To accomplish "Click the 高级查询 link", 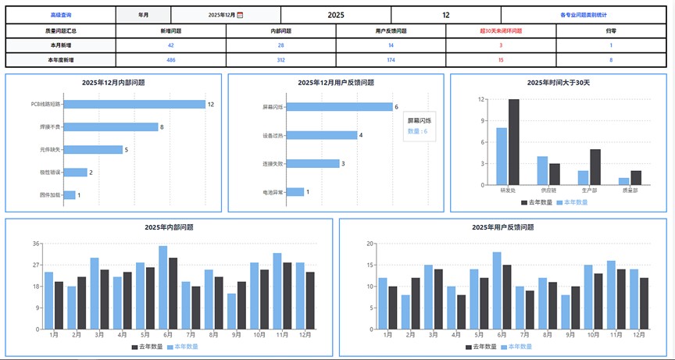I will [x=60, y=15].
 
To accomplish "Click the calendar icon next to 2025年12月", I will [x=240, y=15].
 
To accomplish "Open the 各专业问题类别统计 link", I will [x=583, y=15].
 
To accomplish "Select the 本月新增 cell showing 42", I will [x=171, y=45].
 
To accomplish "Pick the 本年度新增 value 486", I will [x=171, y=59].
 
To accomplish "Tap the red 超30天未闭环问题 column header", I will [x=501, y=30].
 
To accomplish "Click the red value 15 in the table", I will [x=501, y=59].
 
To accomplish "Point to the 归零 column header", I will [x=610, y=30].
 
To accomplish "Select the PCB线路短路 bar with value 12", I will [x=134, y=104].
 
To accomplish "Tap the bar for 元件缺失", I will [x=93, y=149].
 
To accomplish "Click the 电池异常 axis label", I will [x=273, y=191].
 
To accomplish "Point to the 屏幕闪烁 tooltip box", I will [x=420, y=126].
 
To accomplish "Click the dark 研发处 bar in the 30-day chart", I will [x=513, y=142].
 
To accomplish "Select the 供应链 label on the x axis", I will [x=548, y=190].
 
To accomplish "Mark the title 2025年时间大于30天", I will [x=558, y=82].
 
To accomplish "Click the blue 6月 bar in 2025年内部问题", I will [x=162, y=287].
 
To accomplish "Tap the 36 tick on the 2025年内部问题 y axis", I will [x=37, y=244].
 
